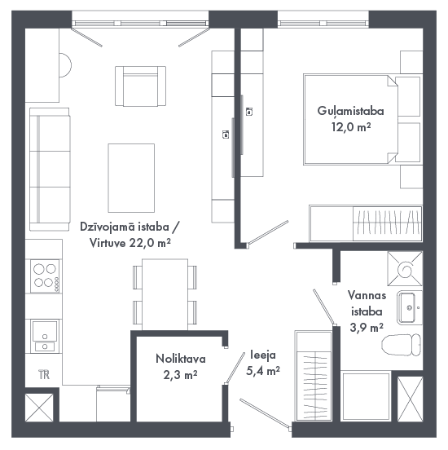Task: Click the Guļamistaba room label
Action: click(350, 112)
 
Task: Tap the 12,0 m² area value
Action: click(351, 126)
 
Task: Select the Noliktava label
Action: click(181, 359)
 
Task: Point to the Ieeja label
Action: click(263, 355)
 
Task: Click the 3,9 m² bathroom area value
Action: click(367, 327)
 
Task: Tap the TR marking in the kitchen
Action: click(44, 374)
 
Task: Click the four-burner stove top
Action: click(45, 276)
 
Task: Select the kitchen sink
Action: click(45, 336)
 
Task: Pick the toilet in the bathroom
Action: click(402, 345)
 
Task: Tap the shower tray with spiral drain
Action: click(405, 269)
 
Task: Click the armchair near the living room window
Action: click(141, 86)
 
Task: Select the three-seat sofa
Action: click(50, 170)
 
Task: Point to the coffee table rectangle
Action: click(131, 178)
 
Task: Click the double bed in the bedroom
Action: click(350, 119)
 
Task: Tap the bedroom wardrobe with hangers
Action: click(366, 223)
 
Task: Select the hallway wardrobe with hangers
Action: click(314, 376)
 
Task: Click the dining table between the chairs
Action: click(165, 294)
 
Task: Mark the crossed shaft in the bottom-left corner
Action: click(39, 408)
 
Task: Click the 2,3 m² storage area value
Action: click(180, 375)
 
